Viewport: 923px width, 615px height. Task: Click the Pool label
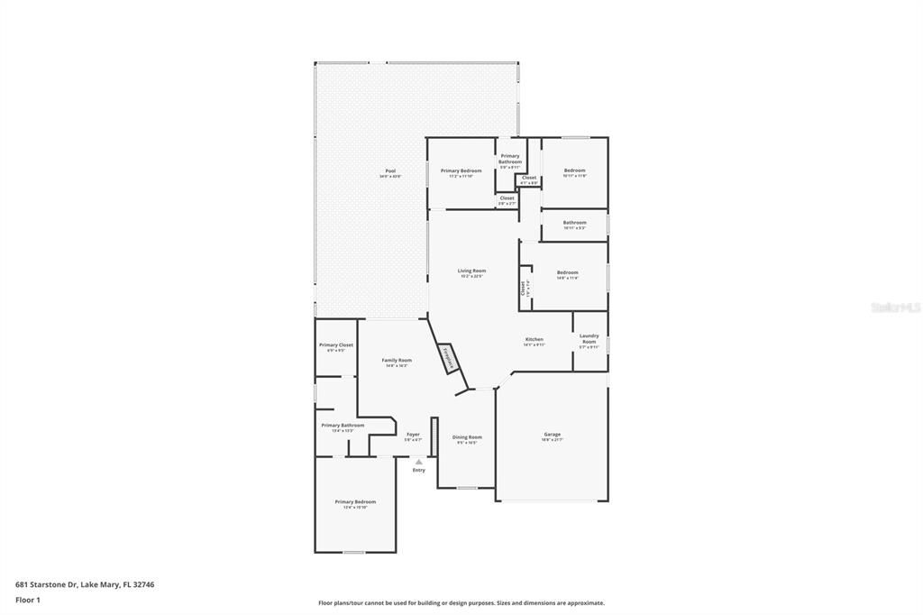click(390, 171)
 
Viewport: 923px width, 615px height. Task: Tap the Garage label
click(552, 435)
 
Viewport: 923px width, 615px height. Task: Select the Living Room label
click(471, 271)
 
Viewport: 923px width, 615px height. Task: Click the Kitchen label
click(535, 340)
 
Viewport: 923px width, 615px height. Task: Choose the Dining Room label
click(467, 437)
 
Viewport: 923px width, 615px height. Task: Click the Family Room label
click(397, 361)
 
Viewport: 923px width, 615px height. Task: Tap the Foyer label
click(413, 435)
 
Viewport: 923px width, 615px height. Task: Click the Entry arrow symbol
click(418, 462)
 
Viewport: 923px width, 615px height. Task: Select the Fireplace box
click(448, 357)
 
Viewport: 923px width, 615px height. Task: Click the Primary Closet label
click(336, 345)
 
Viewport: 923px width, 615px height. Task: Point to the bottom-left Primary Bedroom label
click(355, 502)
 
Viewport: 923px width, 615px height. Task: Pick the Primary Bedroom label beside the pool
click(461, 171)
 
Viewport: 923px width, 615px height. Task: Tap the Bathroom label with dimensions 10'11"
click(574, 223)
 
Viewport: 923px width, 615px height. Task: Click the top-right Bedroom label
click(574, 171)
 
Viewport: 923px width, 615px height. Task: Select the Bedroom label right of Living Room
click(567, 273)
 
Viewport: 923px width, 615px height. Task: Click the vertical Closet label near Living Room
click(523, 288)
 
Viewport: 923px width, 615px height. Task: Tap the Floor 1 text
click(28, 599)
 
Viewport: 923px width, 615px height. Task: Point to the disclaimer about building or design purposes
click(461, 602)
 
